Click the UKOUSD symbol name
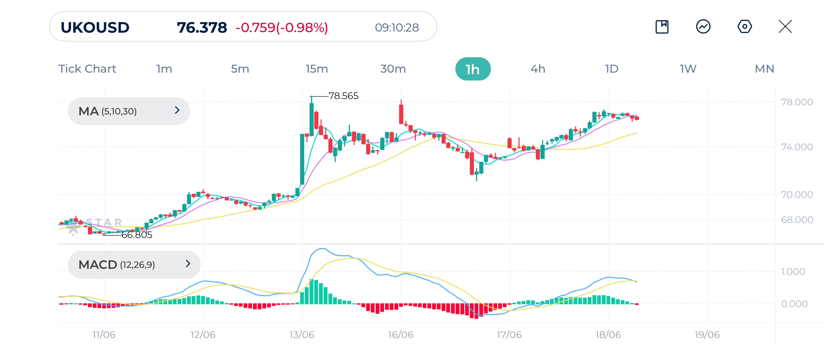click(x=95, y=28)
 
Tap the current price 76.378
click(x=202, y=28)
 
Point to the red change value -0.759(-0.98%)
click(x=282, y=28)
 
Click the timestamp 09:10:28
click(x=397, y=28)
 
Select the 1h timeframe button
click(x=472, y=69)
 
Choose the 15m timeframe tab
click(x=317, y=69)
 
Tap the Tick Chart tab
click(x=87, y=69)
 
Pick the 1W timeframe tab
click(x=688, y=69)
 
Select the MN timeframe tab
click(x=764, y=69)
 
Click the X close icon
click(x=785, y=26)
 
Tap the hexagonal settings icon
click(x=744, y=26)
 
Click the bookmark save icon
click(x=662, y=26)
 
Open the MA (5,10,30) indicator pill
click(x=129, y=111)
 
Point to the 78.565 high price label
click(x=343, y=96)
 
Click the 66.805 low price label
click(x=137, y=235)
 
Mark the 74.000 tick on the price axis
click(x=796, y=147)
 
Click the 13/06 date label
click(x=302, y=335)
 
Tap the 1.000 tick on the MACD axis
click(x=793, y=272)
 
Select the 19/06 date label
click(x=707, y=335)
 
